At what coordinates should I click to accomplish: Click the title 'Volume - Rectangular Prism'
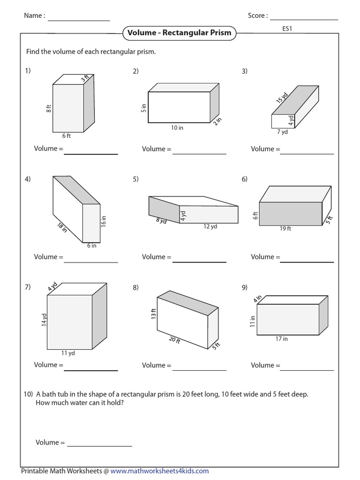coord(179,33)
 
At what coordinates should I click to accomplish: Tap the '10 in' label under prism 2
coord(177,127)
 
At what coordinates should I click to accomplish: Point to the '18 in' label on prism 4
coord(62,228)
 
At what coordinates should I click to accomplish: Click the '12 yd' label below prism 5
coord(210,227)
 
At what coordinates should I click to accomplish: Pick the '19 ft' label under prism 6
coord(285,229)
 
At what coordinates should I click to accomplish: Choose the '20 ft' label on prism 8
coord(174,340)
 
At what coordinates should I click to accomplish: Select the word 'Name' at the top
coord(34,16)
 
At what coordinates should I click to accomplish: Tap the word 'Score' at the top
coord(257,16)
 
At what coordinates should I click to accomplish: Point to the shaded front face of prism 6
coord(291,214)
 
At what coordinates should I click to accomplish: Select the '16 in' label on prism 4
coord(104,221)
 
